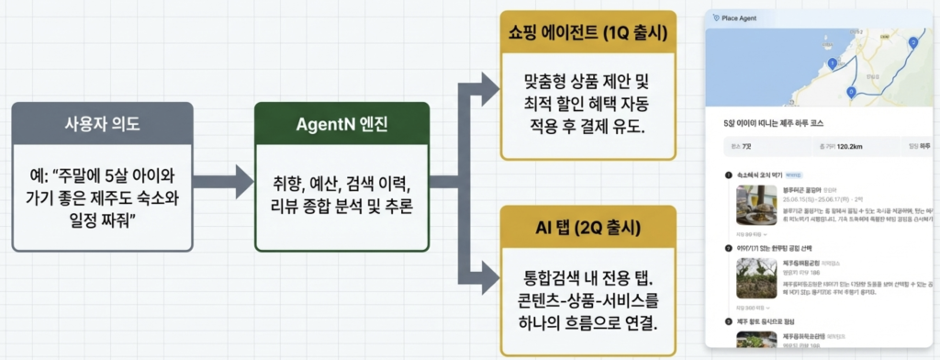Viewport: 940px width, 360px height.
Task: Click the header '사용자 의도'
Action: (103, 123)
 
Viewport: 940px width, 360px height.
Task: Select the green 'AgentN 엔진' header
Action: (341, 123)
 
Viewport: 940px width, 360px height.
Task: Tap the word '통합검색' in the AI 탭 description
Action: (548, 276)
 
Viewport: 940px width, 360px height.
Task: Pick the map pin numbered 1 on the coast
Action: (832, 62)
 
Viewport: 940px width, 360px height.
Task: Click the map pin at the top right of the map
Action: (912, 42)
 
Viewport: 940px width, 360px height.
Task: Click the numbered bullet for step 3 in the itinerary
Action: (728, 321)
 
